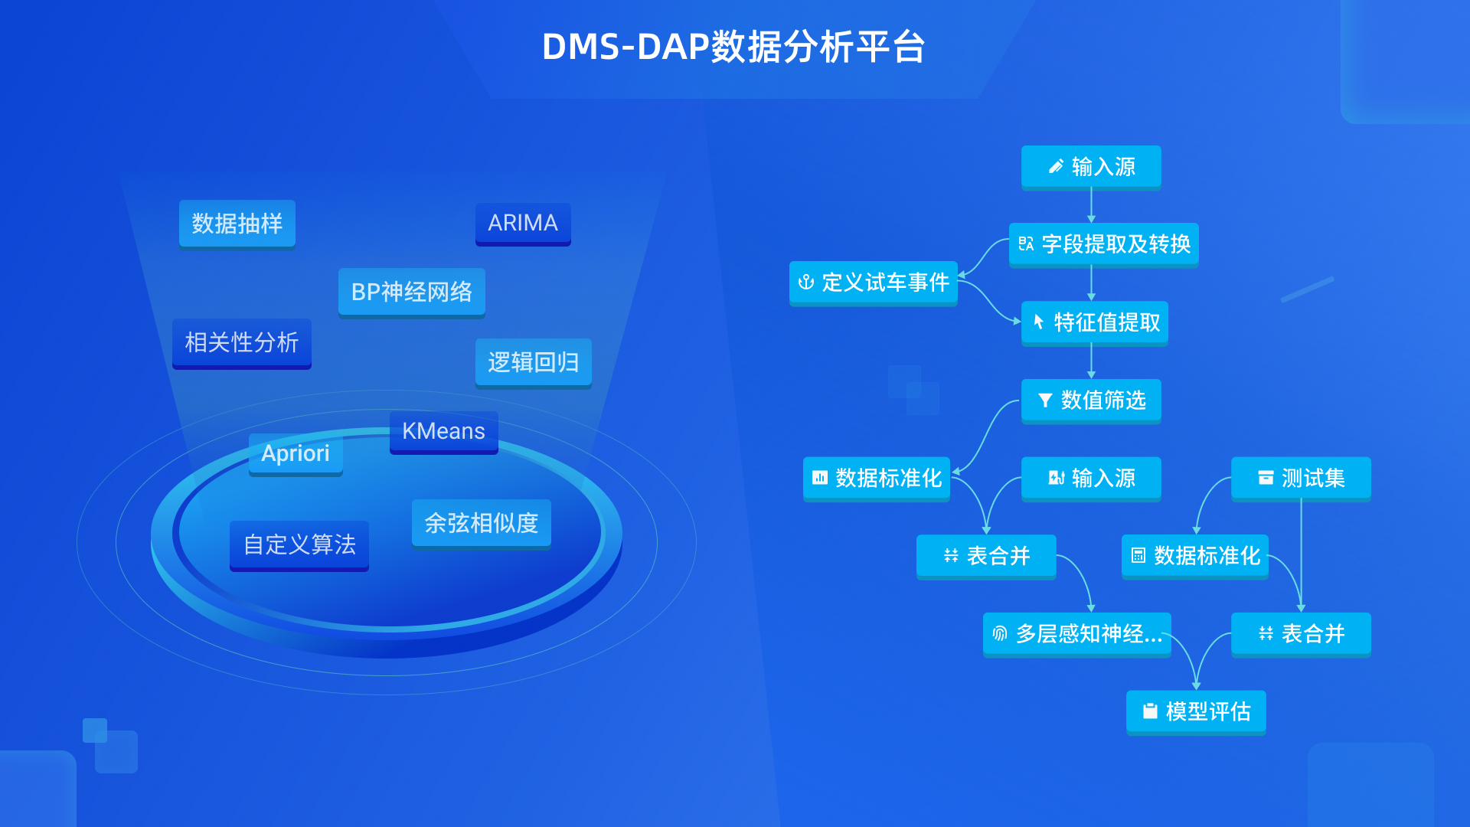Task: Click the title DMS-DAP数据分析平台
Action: [733, 47]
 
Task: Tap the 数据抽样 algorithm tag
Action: [237, 224]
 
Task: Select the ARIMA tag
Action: [523, 224]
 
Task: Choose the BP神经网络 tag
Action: [412, 293]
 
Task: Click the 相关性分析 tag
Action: [242, 343]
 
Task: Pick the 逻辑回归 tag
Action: [534, 363]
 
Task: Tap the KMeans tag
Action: [444, 432]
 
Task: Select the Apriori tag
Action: [296, 454]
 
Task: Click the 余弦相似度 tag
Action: [482, 524]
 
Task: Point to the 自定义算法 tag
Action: [299, 545]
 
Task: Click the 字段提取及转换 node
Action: [1104, 245]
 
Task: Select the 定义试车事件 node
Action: [874, 283]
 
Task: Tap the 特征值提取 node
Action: [1095, 323]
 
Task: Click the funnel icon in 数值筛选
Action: [1045, 400]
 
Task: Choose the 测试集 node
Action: [1301, 479]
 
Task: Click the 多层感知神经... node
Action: [1077, 634]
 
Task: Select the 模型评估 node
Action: [1196, 712]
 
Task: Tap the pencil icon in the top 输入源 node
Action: [1056, 166]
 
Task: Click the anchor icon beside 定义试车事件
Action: [805, 283]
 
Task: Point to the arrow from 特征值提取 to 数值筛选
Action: [1092, 362]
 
